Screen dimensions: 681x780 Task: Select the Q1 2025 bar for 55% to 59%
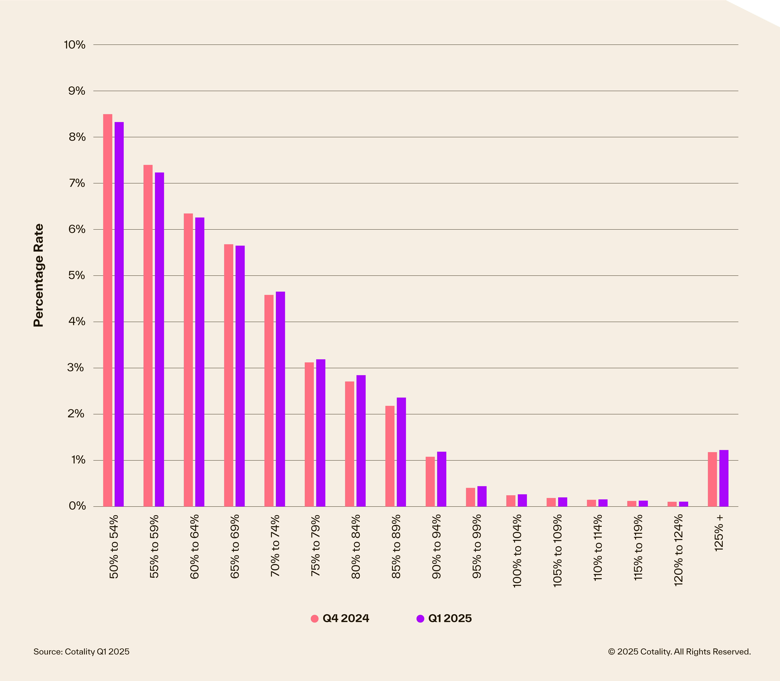[x=159, y=339]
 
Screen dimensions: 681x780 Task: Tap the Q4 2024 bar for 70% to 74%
[x=269, y=401]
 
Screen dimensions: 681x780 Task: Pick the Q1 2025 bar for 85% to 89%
[x=401, y=452]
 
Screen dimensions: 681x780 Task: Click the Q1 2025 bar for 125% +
[x=724, y=478]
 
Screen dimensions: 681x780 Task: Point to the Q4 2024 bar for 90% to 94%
[x=430, y=482]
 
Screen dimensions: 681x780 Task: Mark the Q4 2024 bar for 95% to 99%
[x=470, y=497]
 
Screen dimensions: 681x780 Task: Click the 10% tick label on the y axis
[x=74, y=45]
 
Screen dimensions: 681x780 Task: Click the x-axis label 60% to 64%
[x=195, y=546]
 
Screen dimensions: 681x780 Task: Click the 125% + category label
[x=719, y=533]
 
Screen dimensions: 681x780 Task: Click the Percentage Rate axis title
[x=38, y=275]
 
